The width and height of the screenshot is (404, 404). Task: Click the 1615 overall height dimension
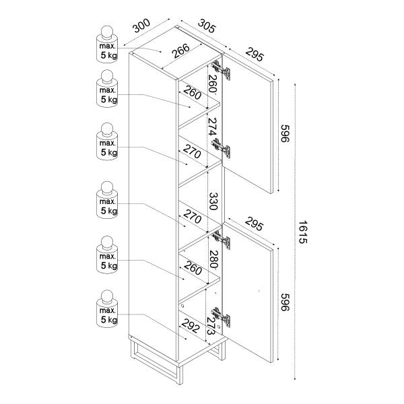point(303,232)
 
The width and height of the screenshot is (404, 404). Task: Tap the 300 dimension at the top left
point(141,26)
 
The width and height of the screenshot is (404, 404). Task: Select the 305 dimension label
point(207,26)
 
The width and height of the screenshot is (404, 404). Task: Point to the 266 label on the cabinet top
point(181,50)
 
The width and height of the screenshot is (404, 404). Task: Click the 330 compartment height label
point(213,201)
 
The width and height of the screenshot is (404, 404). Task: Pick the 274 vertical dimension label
point(213,127)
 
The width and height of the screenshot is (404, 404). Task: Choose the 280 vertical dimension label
point(213,259)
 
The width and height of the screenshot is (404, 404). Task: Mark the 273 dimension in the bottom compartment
point(211,326)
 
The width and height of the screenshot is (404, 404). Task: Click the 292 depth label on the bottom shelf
point(191,325)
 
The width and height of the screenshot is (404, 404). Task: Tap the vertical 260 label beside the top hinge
point(213,83)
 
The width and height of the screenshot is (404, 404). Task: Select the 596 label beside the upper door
point(285,133)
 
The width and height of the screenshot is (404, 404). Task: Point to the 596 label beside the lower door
point(285,302)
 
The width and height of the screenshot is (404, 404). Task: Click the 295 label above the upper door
point(255,55)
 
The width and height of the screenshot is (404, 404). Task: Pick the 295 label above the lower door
point(254,224)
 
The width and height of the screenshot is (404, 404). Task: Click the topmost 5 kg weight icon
point(107,44)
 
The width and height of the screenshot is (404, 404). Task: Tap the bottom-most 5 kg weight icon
point(107,308)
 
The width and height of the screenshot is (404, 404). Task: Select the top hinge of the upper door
point(221,70)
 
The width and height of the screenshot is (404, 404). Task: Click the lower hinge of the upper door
point(221,147)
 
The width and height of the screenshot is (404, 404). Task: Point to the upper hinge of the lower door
point(221,239)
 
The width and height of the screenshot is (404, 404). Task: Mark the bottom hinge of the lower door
point(221,317)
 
